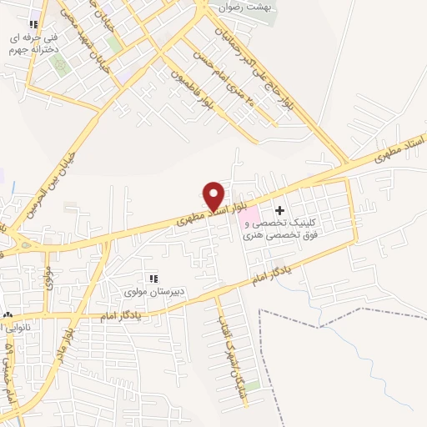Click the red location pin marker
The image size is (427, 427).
(214, 195)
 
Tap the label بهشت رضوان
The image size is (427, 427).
(246, 7)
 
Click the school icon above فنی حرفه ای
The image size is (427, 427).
(33, 25)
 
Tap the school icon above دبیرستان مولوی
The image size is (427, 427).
(153, 278)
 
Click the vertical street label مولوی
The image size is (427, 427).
(48, 274)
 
